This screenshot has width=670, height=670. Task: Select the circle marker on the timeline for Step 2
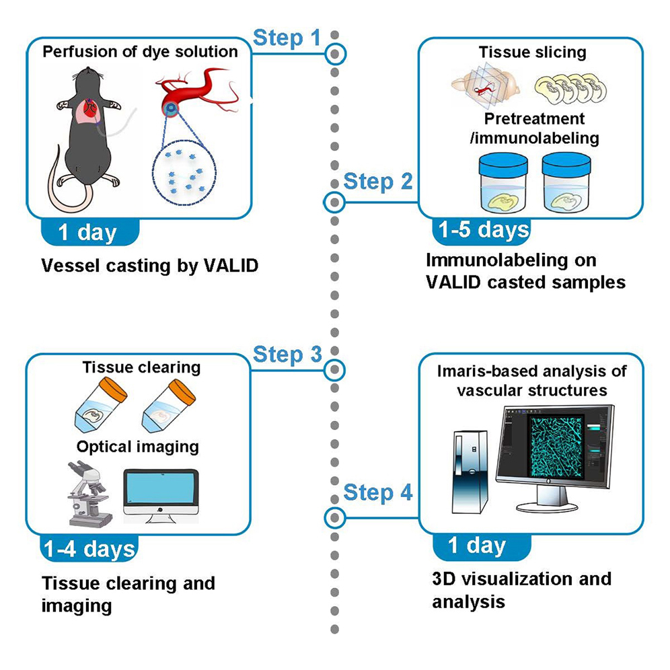pyautogui.click(x=334, y=201)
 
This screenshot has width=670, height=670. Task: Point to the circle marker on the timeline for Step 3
pyautogui.click(x=334, y=369)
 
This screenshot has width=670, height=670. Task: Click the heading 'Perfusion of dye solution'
pyautogui.click(x=141, y=52)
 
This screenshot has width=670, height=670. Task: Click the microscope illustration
pyautogui.click(x=87, y=494)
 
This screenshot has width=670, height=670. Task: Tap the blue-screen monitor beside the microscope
pyautogui.click(x=162, y=496)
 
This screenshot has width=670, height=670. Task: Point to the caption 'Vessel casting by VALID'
pyautogui.click(x=149, y=266)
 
